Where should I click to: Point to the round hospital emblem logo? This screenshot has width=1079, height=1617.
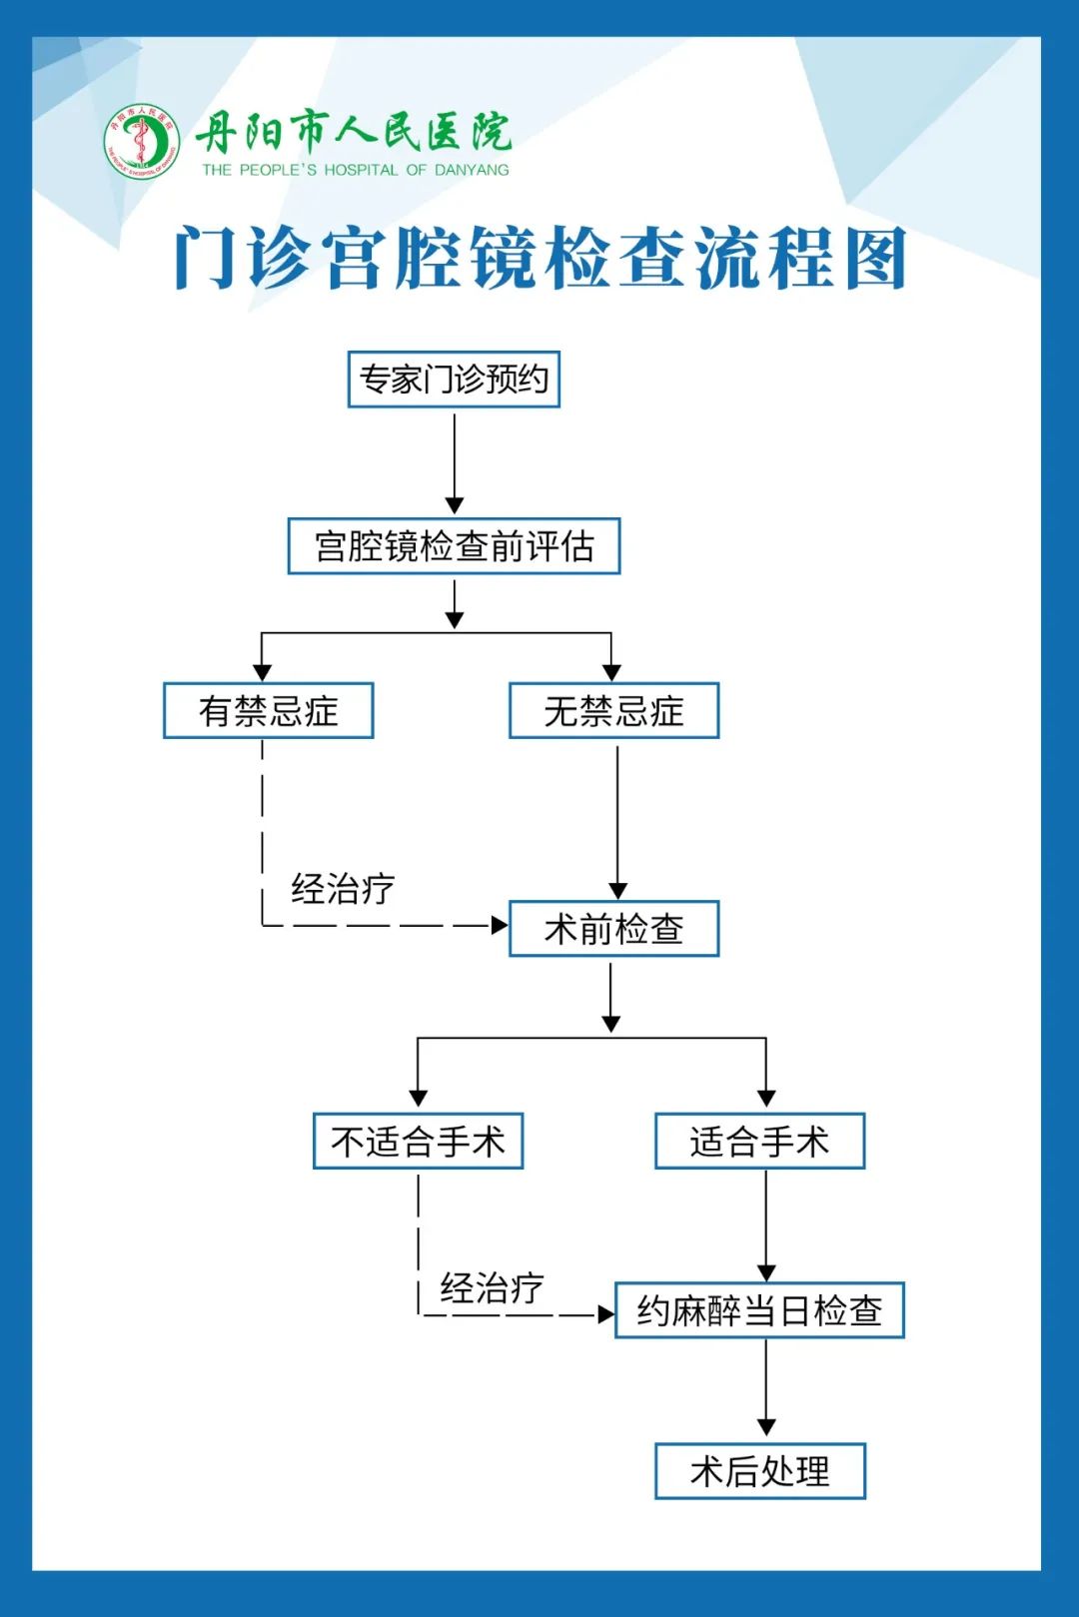[x=142, y=141]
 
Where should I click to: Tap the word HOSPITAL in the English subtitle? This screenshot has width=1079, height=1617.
[x=361, y=171]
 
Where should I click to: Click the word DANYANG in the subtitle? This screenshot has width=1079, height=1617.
[x=472, y=171]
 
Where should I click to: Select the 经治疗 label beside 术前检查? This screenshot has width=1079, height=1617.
[x=343, y=889]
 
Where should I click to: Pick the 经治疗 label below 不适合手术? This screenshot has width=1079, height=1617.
[x=492, y=1288]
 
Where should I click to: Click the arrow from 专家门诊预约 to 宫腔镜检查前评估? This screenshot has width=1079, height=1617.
[x=455, y=463]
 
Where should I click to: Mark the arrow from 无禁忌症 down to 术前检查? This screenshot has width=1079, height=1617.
[x=617, y=822]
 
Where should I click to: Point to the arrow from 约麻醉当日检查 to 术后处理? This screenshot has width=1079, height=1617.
[x=766, y=1387]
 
